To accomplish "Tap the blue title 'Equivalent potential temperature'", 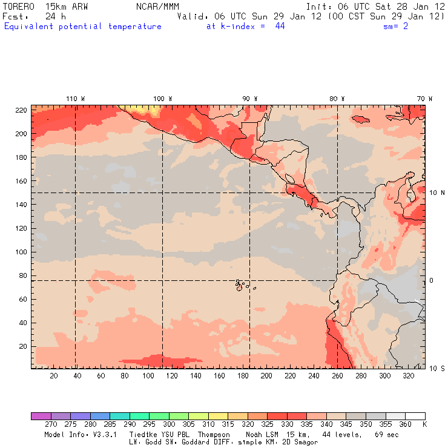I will [83, 27].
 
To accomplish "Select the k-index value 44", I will [280, 27].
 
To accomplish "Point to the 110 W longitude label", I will [75, 99].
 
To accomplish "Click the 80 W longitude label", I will [337, 99].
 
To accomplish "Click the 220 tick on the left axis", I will [21, 110].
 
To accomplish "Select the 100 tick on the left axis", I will [21, 252].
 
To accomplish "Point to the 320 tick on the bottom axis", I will [408, 376].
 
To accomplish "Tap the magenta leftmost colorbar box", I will [41, 416].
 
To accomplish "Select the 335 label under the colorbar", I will [307, 424].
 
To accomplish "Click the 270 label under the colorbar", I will [50, 424].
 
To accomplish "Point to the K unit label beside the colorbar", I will [424, 424].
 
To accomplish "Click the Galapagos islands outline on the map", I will [240, 285].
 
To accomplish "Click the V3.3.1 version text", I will [89, 435].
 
